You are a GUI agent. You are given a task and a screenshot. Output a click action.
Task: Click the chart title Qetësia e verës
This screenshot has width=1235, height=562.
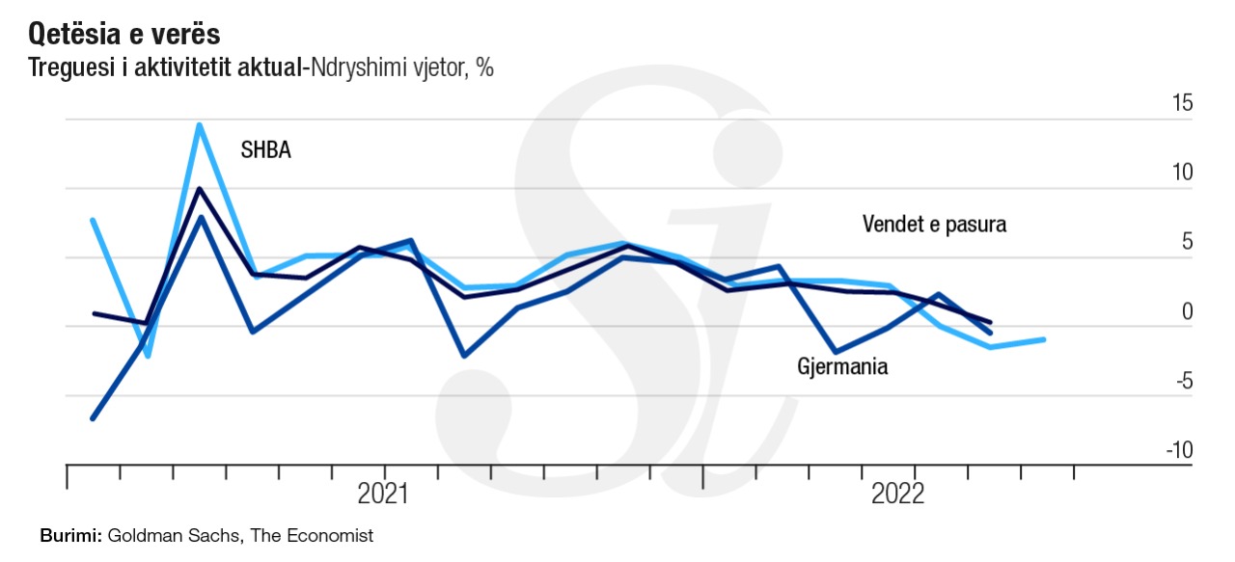tap(124, 35)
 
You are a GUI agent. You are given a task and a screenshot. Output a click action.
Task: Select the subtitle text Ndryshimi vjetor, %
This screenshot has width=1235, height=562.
tap(400, 69)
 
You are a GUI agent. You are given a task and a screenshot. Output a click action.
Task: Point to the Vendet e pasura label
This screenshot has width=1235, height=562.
tap(934, 225)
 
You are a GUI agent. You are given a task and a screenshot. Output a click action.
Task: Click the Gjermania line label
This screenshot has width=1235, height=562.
tap(842, 367)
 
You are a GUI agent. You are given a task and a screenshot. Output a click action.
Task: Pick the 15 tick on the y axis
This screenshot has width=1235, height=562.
tap(1182, 102)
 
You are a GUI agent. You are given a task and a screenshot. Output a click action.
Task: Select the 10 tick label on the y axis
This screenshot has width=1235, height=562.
tap(1182, 172)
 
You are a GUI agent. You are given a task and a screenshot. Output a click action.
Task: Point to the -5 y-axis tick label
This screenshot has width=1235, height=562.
tap(1183, 381)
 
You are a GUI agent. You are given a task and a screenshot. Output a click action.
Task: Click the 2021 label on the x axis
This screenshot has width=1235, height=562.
tap(383, 495)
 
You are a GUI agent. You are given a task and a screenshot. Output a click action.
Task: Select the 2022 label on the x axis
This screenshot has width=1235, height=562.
tap(897, 495)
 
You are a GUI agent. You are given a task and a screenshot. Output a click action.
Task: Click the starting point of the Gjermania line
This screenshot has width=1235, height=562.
tap(94, 418)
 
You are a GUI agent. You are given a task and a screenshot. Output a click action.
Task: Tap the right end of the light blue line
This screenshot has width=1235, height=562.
tap(1044, 339)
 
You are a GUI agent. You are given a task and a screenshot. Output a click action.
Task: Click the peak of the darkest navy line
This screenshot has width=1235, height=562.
tap(200, 189)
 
